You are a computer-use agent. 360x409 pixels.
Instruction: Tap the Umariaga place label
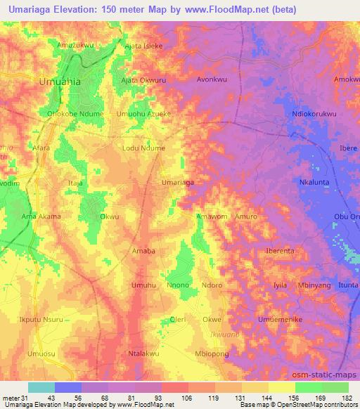pyautogui.click(x=178, y=182)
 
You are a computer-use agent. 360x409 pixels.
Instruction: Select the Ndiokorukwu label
pyautogui.click(x=323, y=114)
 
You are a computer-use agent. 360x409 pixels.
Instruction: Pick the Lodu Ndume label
pyautogui.click(x=143, y=148)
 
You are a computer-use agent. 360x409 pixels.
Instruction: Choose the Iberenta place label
pyautogui.click(x=279, y=250)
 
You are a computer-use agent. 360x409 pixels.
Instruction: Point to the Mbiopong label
pyautogui.click(x=212, y=354)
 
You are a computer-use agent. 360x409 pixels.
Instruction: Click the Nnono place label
pyautogui.click(x=178, y=285)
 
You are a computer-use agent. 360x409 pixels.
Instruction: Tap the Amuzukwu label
pyautogui.click(x=75, y=46)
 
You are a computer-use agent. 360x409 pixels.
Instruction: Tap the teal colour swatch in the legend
pyautogui.click(x=41, y=387)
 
